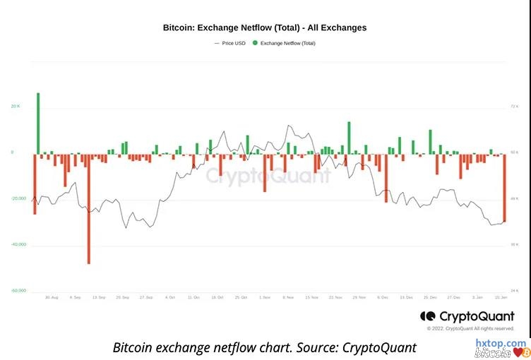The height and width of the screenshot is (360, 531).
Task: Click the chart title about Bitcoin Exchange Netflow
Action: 265,28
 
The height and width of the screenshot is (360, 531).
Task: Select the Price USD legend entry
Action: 231,43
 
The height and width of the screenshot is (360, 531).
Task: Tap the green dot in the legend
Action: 255,43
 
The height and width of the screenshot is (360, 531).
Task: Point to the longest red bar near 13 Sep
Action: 89,208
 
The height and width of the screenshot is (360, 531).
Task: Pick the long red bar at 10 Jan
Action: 504,188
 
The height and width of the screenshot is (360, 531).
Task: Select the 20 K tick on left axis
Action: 16,107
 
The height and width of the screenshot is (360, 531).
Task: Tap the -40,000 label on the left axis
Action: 18,244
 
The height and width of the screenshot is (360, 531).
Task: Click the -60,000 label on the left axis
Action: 18,290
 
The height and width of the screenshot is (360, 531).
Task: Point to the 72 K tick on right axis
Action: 514,107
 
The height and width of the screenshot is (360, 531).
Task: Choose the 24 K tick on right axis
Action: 514,290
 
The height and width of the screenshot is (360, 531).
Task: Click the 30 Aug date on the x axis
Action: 52,298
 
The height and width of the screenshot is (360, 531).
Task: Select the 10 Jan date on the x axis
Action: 502,298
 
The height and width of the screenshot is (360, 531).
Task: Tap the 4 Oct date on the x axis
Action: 170,298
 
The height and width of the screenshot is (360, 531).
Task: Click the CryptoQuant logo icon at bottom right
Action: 426,316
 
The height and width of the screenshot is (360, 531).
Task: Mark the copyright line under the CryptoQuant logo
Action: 470,328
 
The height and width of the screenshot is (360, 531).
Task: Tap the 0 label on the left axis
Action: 12,152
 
